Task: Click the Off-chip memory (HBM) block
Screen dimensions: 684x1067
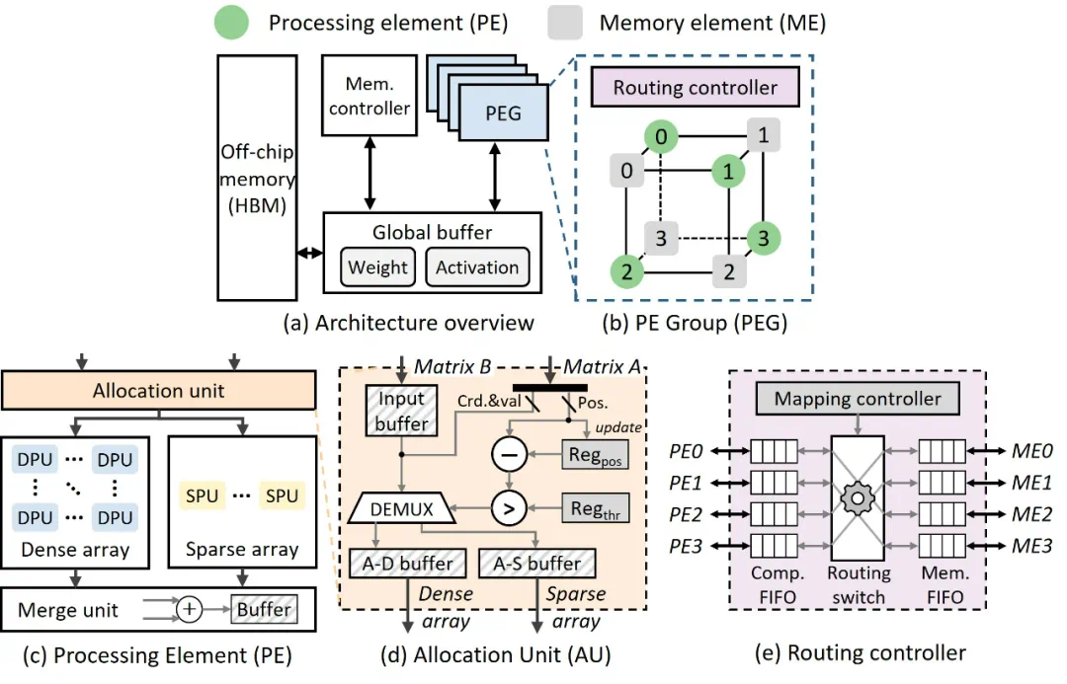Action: point(257,178)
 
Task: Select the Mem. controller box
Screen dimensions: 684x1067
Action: point(369,96)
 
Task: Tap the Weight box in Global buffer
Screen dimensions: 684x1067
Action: point(377,267)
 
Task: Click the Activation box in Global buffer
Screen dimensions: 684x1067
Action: point(477,267)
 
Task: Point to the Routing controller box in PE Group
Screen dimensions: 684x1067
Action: point(695,88)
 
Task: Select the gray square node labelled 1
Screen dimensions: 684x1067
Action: point(763,135)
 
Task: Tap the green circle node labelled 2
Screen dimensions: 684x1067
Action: point(625,271)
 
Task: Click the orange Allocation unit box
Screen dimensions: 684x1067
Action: point(158,391)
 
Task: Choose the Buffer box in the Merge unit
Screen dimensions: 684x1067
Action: point(264,609)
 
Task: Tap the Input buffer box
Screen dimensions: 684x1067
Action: point(401,411)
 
